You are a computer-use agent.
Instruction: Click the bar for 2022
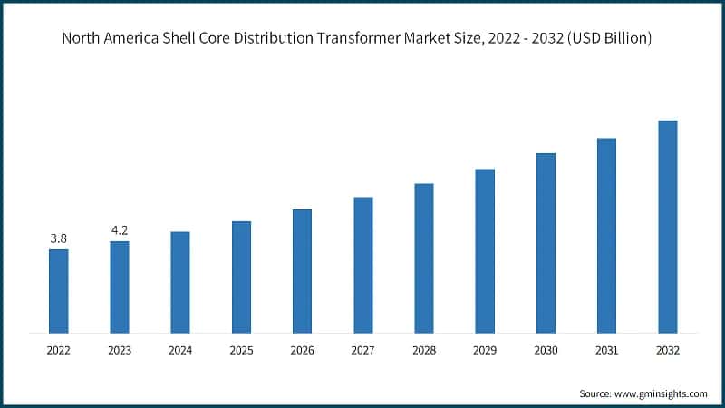point(59,290)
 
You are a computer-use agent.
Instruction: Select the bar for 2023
point(120,286)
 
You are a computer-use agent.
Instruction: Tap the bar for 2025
point(241,276)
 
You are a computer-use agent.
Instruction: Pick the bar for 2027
point(363,264)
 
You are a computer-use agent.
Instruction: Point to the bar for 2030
point(546,242)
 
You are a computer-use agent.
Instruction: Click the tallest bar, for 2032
point(667,226)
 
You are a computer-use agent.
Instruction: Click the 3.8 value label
point(59,238)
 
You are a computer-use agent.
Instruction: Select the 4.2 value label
point(120,230)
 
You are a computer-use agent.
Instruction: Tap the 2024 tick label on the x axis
point(180,349)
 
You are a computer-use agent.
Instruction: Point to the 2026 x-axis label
point(302,349)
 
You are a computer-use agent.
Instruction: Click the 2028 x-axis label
point(424,349)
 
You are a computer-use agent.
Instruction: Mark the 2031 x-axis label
point(606,349)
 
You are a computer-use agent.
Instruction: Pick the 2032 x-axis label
point(667,349)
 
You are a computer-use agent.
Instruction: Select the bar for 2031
point(606,235)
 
